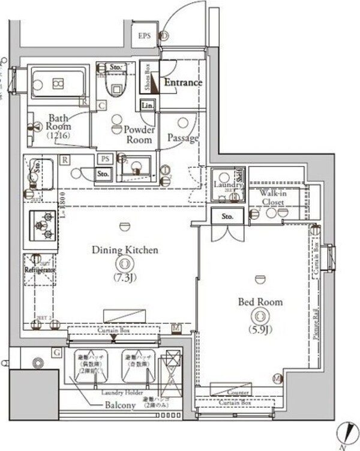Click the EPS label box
pyautogui.click(x=145, y=36)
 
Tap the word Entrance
pyautogui.click(x=183, y=82)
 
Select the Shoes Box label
pyautogui.click(x=147, y=77)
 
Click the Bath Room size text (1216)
pyautogui.click(x=60, y=136)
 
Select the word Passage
pyautogui.click(x=182, y=138)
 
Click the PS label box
pyautogui.click(x=104, y=159)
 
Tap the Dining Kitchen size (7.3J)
pyautogui.click(x=124, y=278)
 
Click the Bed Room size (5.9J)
pyautogui.click(x=259, y=329)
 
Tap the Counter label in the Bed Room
pyautogui.click(x=238, y=393)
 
